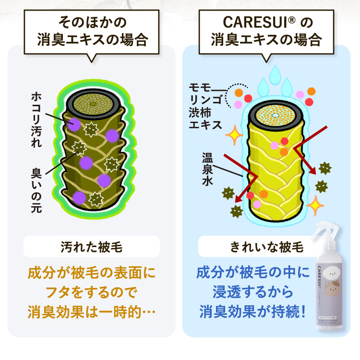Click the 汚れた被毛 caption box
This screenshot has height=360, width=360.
click(91, 248)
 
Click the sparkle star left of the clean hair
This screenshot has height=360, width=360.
click(235, 136)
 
